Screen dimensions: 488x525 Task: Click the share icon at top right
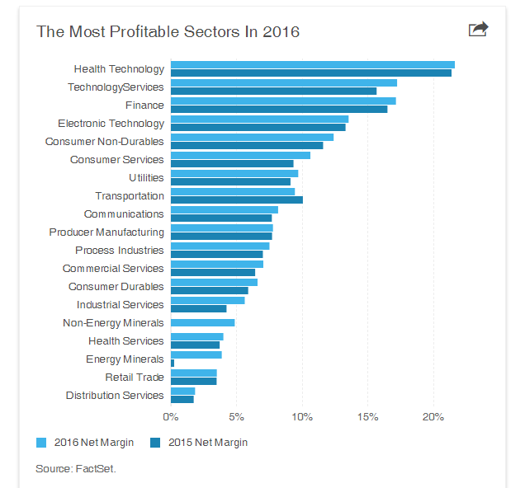coord(478,30)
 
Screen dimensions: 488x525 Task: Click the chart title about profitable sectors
coord(168,32)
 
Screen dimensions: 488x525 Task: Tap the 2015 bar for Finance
coord(278,110)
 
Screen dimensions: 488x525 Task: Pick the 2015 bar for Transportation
coord(236,200)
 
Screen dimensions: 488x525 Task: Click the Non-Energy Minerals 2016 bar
coord(202,323)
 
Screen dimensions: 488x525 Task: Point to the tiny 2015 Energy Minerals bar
coord(173,363)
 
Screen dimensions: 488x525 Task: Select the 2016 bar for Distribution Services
coord(182,391)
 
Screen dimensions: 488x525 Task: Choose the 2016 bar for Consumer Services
coord(240,155)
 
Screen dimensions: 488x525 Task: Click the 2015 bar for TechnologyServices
coord(273,91)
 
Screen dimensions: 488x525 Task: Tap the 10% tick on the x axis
coord(302,417)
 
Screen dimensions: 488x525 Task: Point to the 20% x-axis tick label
coord(433,417)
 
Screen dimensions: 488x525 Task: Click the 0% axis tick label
coord(171,417)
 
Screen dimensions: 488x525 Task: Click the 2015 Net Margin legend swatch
coord(155,443)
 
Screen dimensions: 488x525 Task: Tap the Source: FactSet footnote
coord(76,469)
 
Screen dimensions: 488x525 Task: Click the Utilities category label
coord(146,178)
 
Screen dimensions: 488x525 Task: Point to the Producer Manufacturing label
coord(106,232)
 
